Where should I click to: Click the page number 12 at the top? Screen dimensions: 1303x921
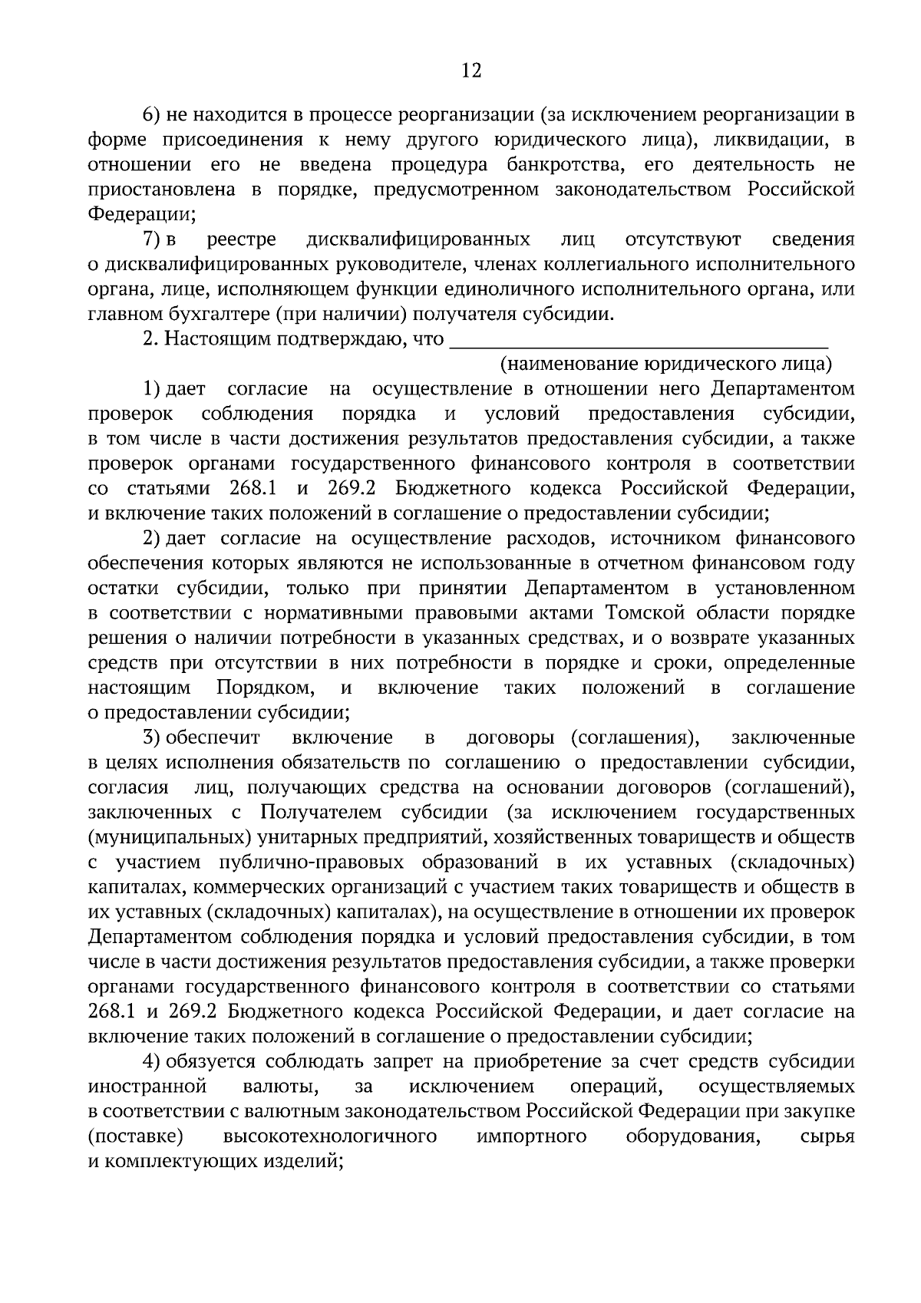[470, 71]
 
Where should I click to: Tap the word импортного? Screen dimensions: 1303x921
[531, 1136]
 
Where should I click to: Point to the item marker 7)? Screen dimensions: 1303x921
[160, 239]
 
